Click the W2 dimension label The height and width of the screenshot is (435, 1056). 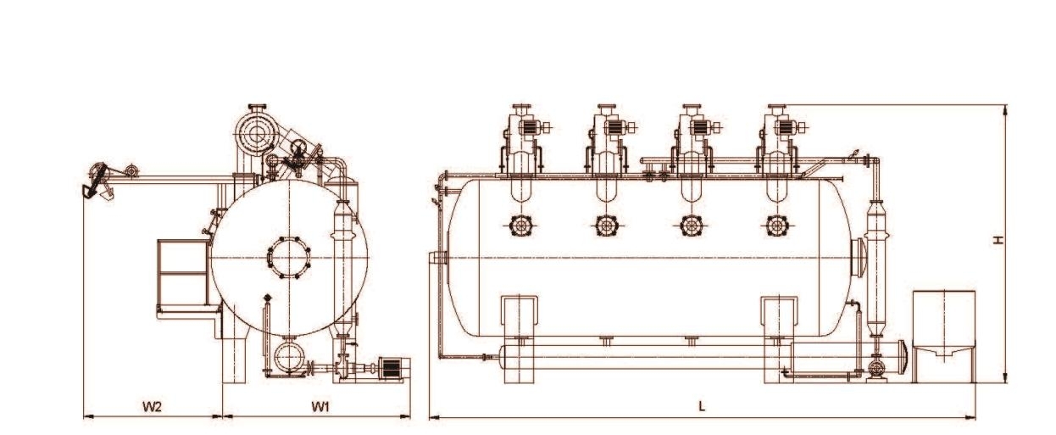[153, 407]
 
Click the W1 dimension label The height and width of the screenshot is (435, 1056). [319, 407]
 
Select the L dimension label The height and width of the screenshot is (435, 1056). [702, 407]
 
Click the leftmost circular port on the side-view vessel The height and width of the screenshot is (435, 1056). [520, 226]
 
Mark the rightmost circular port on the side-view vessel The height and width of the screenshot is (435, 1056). [775, 226]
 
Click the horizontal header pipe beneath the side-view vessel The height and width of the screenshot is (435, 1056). [644, 357]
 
